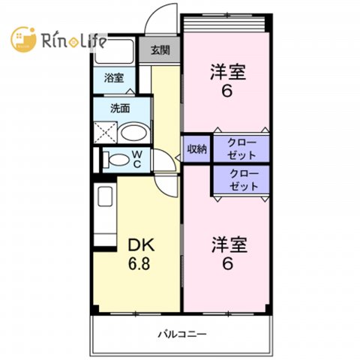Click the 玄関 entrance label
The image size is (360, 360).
click(160, 50)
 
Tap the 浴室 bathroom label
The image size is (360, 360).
click(114, 78)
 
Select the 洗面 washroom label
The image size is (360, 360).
click(120, 109)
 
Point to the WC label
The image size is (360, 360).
click(137, 160)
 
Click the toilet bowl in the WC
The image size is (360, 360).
click(117, 160)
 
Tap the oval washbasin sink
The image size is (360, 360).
click(133, 133)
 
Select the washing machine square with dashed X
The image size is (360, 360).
click(105, 133)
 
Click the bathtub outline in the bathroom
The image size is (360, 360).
click(114, 51)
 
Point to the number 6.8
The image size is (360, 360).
click(139, 263)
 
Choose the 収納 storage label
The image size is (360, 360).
click(197, 149)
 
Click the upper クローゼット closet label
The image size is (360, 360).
click(241, 149)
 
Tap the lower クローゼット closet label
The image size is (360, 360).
click(244, 180)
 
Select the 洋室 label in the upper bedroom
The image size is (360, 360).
click(228, 72)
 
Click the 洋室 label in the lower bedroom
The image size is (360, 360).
click(229, 244)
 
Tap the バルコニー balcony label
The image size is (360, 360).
click(182, 334)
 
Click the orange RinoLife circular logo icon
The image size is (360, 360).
click(23, 40)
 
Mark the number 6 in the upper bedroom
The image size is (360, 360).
click(227, 91)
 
